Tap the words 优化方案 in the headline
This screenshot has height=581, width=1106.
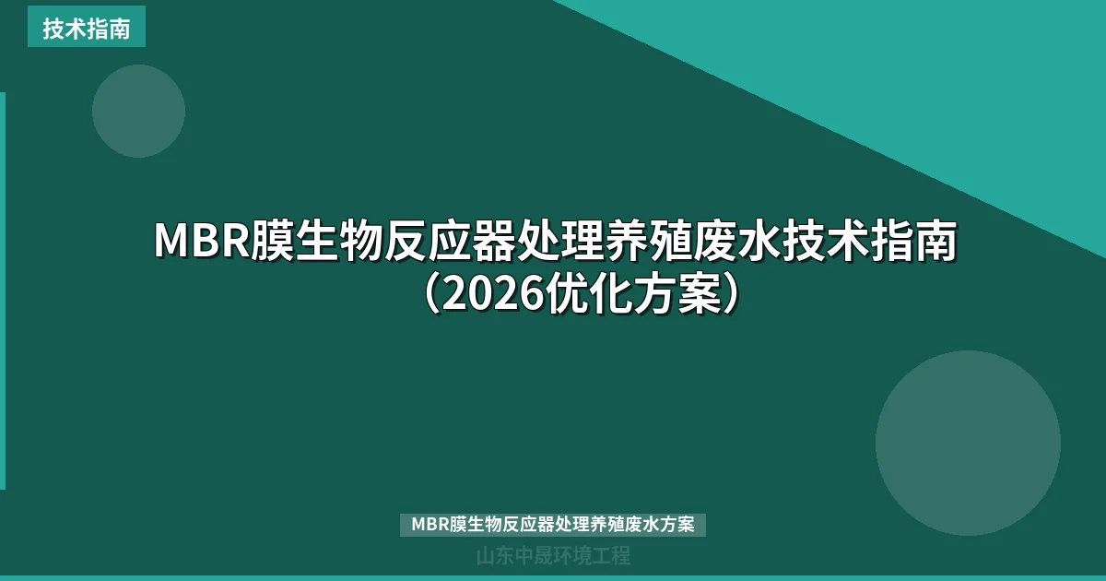(x=632, y=294)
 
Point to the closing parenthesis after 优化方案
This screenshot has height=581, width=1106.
(x=729, y=294)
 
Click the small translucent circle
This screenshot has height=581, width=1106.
(x=138, y=111)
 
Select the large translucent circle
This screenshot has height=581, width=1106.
(x=968, y=443)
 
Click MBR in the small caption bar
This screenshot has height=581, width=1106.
(x=429, y=525)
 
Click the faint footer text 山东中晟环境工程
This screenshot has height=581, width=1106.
(x=553, y=556)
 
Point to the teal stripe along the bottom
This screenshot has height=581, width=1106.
(x=553, y=577)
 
